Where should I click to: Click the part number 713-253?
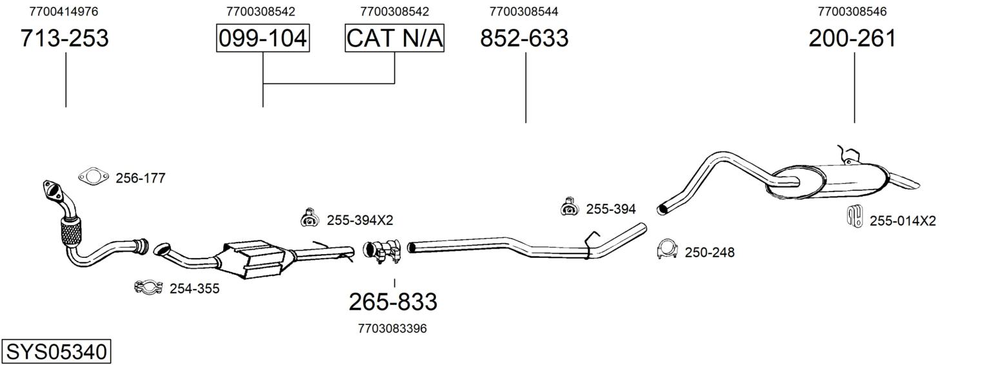[65, 38]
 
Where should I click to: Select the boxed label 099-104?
[263, 38]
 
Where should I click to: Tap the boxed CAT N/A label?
[394, 38]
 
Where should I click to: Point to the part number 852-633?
[524, 38]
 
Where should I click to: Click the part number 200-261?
[853, 38]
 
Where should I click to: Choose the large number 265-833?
[393, 302]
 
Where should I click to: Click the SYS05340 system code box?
[56, 352]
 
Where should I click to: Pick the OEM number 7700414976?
[64, 12]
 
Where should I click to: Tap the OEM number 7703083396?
[393, 328]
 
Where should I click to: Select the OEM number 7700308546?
[852, 12]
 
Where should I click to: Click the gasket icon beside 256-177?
[94, 177]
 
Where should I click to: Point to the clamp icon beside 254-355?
[148, 287]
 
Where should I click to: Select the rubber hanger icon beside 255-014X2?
[855, 216]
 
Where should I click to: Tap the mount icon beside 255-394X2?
[310, 218]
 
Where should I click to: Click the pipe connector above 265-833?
[382, 251]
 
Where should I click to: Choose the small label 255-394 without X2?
[611, 209]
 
